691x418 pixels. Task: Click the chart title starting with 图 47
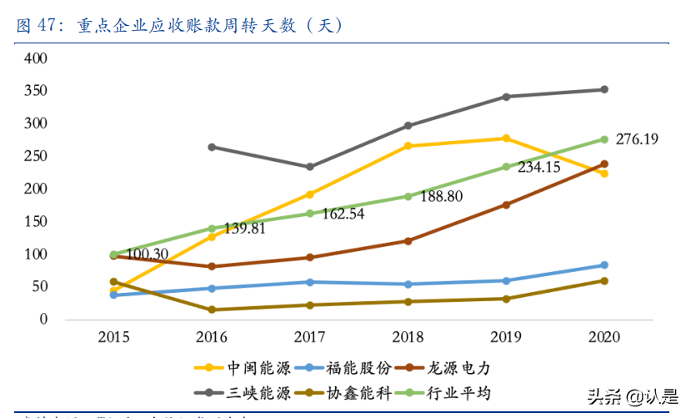pyautogui.click(x=179, y=25)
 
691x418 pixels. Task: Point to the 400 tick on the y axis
pyautogui.click(x=36, y=58)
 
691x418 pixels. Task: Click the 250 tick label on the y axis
pyautogui.click(x=36, y=156)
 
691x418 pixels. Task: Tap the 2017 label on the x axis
pyautogui.click(x=309, y=336)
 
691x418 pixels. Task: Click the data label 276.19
pyautogui.click(x=637, y=139)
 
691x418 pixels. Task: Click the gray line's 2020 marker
pyautogui.click(x=604, y=89)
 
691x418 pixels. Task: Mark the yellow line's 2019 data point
pyautogui.click(x=506, y=138)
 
